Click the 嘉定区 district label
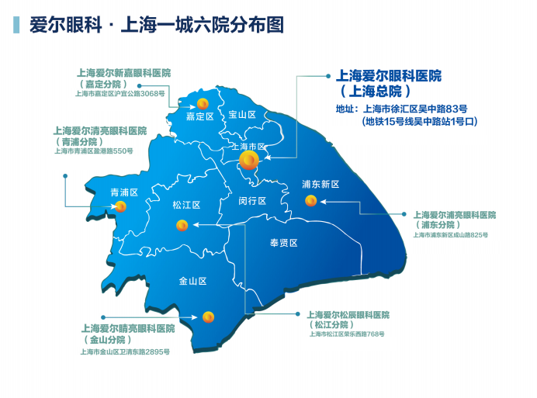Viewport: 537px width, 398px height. (x=199, y=117)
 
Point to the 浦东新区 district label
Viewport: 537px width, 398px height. (x=320, y=185)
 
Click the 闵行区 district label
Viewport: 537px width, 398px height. (x=252, y=201)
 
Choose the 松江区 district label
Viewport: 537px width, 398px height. (x=186, y=206)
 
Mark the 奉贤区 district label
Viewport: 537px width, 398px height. (x=283, y=243)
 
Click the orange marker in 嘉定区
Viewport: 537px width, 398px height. (x=202, y=103)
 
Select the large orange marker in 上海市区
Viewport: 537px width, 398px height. (x=249, y=161)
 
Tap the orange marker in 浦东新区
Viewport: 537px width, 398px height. (x=310, y=201)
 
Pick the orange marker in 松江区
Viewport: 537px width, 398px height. (x=182, y=226)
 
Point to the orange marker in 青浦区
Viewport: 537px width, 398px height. (x=120, y=206)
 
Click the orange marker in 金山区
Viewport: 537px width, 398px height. (x=208, y=317)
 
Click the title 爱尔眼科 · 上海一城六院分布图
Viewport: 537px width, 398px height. (x=156, y=25)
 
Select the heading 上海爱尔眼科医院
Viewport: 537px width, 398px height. (x=388, y=76)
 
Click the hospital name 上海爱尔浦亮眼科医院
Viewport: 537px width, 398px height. (x=454, y=215)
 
